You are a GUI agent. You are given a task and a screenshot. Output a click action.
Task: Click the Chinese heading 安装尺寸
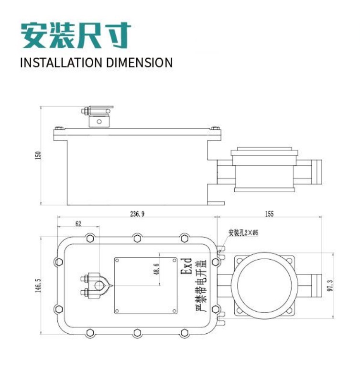coord(76,35)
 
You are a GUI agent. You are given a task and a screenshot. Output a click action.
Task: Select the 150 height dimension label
coord(38,155)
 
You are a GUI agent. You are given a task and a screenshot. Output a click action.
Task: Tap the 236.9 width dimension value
coord(137,215)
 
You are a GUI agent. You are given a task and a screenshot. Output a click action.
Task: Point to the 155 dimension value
coord(269,215)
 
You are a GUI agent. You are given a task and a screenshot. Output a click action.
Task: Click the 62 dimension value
coord(78,223)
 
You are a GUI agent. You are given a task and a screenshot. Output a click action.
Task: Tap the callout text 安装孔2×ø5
coord(243,233)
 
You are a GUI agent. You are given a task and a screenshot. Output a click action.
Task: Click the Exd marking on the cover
coord(187,267)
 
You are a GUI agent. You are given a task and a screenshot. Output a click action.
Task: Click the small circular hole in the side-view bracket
coord(99,121)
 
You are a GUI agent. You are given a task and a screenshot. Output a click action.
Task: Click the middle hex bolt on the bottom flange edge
coord(137,333)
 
